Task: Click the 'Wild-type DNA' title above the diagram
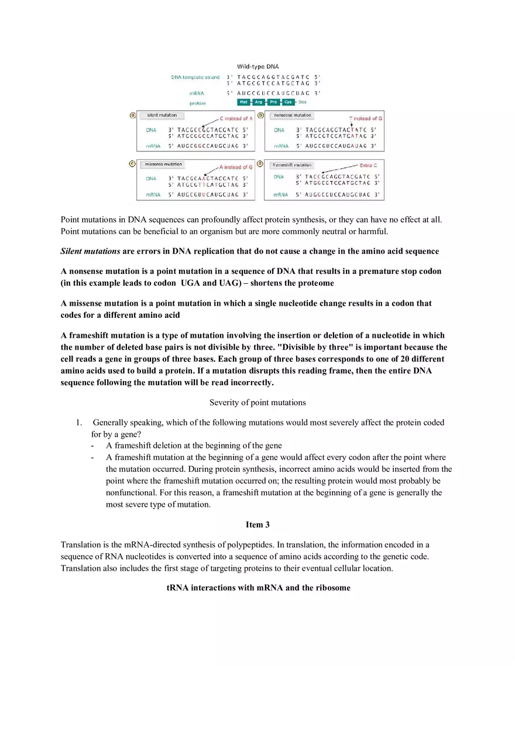(x=257, y=67)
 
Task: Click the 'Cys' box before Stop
(x=288, y=102)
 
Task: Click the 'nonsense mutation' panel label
(x=293, y=115)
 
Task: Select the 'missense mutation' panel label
(x=163, y=164)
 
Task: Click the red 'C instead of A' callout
(x=236, y=118)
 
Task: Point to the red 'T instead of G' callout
(x=366, y=118)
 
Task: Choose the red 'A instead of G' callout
(x=236, y=167)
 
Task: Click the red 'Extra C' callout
(x=368, y=166)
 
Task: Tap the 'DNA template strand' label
(x=195, y=77)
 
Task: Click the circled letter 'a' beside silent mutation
(x=132, y=115)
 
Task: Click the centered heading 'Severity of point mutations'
(x=257, y=402)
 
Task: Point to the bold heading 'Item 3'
(x=257, y=525)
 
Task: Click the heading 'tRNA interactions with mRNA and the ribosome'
(x=258, y=588)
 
